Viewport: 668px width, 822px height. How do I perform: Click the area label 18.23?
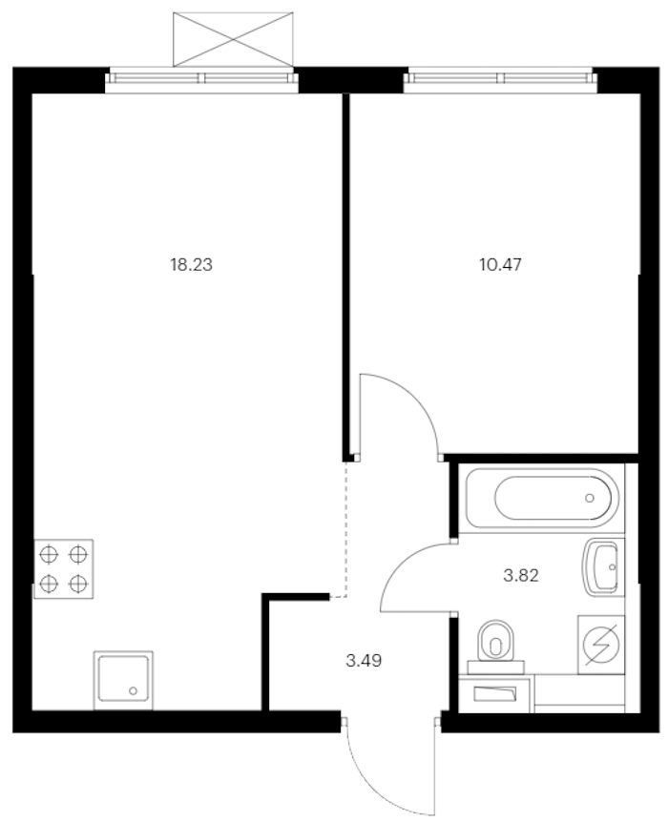pyautogui.click(x=191, y=265)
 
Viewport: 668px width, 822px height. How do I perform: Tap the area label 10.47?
pyautogui.click(x=500, y=265)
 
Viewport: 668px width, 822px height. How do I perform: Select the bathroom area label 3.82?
pyautogui.click(x=521, y=576)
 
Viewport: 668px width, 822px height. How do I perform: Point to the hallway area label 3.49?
pyautogui.click(x=364, y=661)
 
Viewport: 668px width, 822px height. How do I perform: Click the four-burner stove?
pyautogui.click(x=64, y=568)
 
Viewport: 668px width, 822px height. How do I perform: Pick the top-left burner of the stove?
pyautogui.click(x=49, y=554)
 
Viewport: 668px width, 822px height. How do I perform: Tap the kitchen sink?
pyautogui.click(x=123, y=681)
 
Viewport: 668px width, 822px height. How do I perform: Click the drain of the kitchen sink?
pyautogui.click(x=133, y=691)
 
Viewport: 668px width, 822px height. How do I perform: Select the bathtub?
pyautogui.click(x=542, y=498)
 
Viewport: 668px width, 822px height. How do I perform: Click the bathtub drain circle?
pyautogui.click(x=590, y=498)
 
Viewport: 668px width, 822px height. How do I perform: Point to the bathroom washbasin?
pyautogui.click(x=601, y=566)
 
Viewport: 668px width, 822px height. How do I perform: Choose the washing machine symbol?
pyautogui.click(x=601, y=645)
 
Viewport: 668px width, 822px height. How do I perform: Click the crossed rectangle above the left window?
pyautogui.click(x=233, y=39)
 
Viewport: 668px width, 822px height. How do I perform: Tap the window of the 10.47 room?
pyautogui.click(x=500, y=80)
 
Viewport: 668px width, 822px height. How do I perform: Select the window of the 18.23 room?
pyautogui.click(x=201, y=80)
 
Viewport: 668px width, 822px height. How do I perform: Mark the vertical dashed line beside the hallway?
pyautogui.click(x=345, y=529)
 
